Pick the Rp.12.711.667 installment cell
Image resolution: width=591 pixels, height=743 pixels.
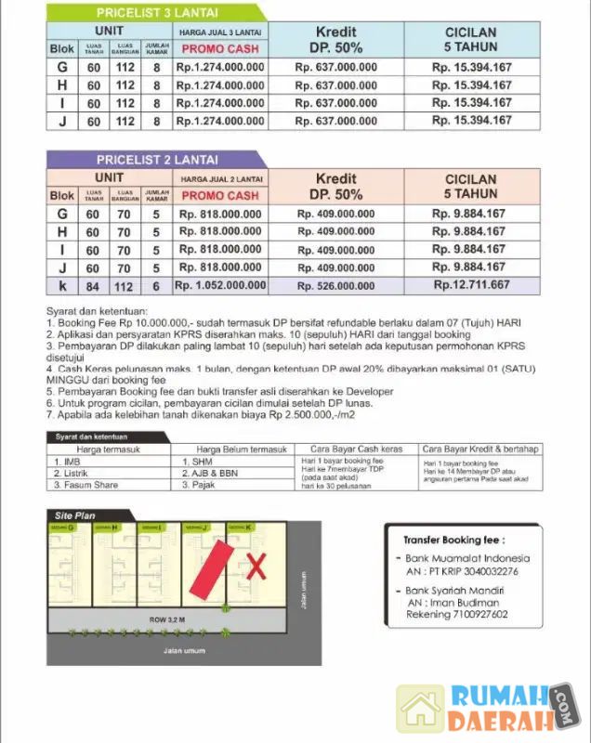click(x=471, y=284)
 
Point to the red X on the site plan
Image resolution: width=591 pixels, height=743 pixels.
click(x=255, y=565)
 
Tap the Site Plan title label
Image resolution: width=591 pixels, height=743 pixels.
click(x=77, y=515)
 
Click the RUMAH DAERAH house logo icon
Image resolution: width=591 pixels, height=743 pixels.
click(x=420, y=709)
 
